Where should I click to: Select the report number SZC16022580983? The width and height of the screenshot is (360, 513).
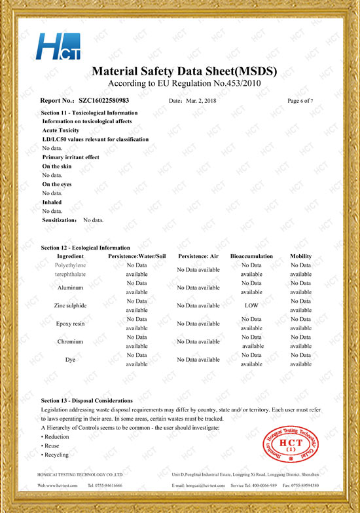click(x=103, y=101)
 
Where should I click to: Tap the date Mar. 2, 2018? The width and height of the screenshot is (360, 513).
click(x=200, y=101)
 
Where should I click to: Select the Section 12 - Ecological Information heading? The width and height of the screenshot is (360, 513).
click(x=85, y=248)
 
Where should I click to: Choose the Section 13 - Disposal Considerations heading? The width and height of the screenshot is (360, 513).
click(x=86, y=400)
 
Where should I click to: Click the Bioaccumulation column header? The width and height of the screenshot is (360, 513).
click(x=251, y=256)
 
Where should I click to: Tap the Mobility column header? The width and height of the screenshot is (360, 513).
click(x=300, y=256)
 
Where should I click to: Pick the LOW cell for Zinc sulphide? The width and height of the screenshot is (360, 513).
click(x=251, y=305)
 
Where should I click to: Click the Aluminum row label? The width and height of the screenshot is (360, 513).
click(x=70, y=288)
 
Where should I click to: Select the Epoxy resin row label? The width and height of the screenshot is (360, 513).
click(x=70, y=324)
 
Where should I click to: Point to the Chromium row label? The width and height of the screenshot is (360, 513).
click(x=70, y=341)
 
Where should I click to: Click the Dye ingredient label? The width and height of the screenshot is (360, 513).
click(x=70, y=360)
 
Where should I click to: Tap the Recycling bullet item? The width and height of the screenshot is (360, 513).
click(x=56, y=455)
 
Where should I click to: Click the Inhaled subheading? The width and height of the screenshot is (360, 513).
click(x=52, y=202)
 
